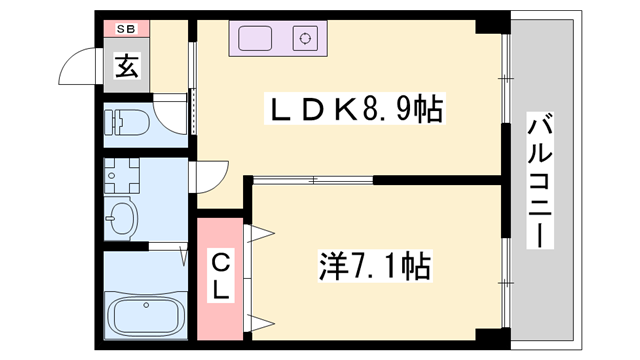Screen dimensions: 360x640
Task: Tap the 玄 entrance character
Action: tap(127, 68)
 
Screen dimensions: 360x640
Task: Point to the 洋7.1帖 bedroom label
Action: tap(375, 266)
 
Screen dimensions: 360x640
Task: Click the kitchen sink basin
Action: tap(255, 40)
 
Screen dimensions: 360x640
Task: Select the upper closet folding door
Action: tap(258, 235)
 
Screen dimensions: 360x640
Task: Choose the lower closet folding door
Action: tap(258, 321)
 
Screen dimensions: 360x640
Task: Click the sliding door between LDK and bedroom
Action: tap(312, 180)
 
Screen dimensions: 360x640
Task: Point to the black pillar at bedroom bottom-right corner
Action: tap(489, 335)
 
